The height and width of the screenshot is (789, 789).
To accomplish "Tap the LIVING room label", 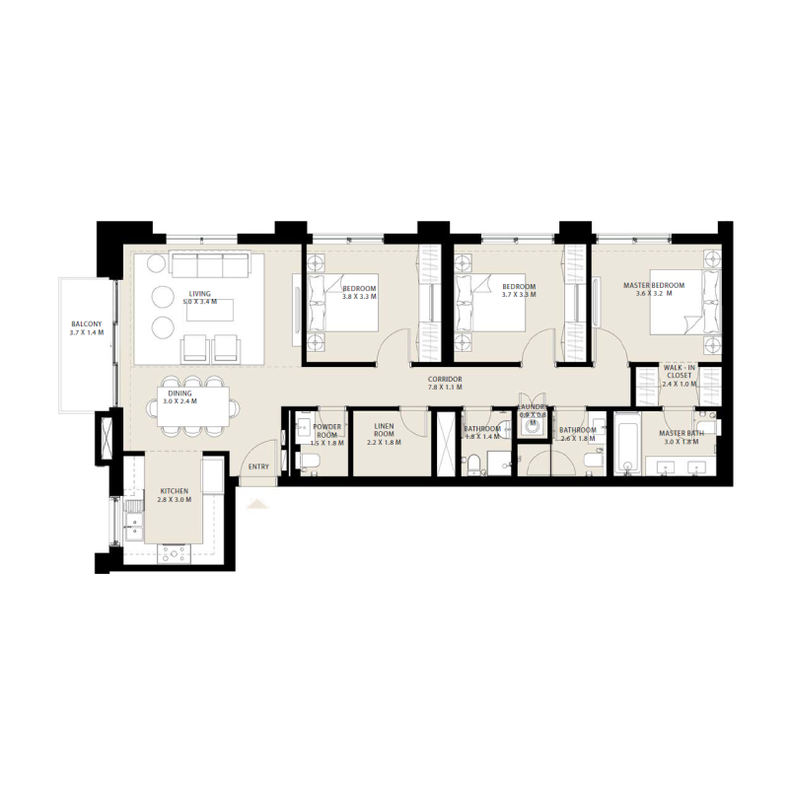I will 200,293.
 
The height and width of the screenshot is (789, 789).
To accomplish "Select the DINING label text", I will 179,393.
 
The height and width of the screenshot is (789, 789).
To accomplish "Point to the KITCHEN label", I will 174,490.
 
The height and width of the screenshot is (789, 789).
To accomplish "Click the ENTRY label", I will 258,467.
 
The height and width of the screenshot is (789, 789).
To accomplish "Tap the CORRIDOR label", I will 445,380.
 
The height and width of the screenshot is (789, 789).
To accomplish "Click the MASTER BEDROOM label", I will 654,286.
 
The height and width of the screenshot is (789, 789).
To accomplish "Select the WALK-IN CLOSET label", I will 679,371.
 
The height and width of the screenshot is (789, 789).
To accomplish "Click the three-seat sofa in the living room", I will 209,265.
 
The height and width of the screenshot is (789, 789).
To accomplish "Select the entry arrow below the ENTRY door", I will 257,504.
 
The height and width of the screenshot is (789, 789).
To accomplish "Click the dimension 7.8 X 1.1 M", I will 445,389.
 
